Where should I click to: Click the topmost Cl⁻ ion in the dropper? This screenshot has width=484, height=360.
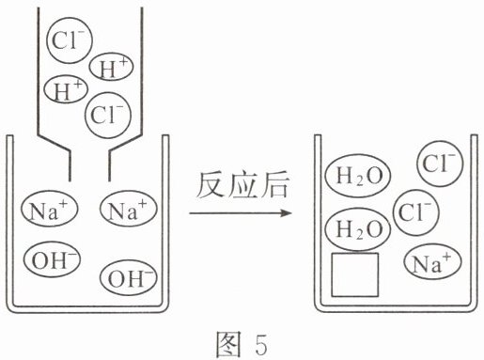(70, 40)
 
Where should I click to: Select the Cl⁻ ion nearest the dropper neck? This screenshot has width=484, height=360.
(108, 115)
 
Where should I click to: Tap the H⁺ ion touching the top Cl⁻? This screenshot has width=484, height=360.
(111, 67)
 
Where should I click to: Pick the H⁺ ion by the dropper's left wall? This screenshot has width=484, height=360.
(66, 89)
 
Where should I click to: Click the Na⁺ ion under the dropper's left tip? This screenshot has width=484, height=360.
(50, 209)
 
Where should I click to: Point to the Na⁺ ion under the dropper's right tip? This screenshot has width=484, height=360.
(129, 209)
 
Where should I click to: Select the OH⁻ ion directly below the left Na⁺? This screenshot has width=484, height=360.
(53, 259)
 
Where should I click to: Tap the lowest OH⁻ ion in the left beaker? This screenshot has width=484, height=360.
(129, 277)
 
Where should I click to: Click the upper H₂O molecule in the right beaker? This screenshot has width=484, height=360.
(358, 176)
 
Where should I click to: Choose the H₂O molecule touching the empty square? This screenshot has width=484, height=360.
(358, 229)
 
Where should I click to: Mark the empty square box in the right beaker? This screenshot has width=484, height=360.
(355, 274)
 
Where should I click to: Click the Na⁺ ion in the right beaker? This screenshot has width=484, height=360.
(433, 262)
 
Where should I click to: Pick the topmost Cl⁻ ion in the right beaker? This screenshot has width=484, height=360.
(440, 164)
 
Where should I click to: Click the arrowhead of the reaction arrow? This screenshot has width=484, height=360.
(286, 213)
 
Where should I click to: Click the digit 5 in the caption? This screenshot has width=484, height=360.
(260, 344)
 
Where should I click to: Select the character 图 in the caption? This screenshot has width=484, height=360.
(229, 344)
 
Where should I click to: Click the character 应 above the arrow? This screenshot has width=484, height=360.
(242, 185)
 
